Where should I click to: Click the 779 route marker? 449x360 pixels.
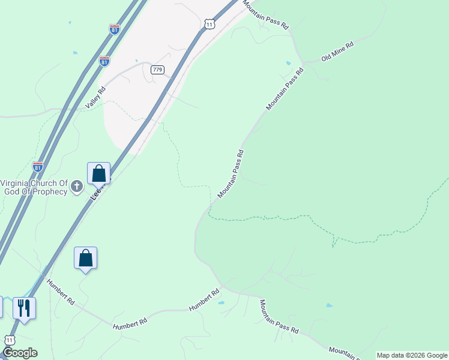(x=157, y=70)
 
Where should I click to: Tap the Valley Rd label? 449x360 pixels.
(x=95, y=98)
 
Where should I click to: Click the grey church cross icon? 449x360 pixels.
(x=76, y=187)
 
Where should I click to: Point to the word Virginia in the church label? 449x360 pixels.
(x=19, y=183)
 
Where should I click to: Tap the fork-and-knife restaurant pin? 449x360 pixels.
(x=24, y=308)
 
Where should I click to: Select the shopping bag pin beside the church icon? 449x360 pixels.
(x=98, y=173)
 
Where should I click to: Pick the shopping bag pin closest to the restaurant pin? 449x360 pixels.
(x=85, y=258)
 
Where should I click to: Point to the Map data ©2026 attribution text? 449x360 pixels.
(x=412, y=355)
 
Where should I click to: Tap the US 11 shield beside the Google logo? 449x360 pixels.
(x=9, y=340)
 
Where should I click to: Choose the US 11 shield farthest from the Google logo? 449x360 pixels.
(x=208, y=23)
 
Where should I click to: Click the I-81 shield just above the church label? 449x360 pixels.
(x=38, y=167)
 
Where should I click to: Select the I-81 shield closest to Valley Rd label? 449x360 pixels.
(x=104, y=61)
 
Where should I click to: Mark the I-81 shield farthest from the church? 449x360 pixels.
(x=115, y=29)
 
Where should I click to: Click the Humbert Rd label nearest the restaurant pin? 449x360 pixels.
(x=61, y=292)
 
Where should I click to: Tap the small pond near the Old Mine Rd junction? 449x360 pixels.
(x=289, y=63)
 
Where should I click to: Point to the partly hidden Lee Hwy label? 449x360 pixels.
(x=96, y=191)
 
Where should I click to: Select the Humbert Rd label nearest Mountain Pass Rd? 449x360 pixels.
(x=204, y=299)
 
